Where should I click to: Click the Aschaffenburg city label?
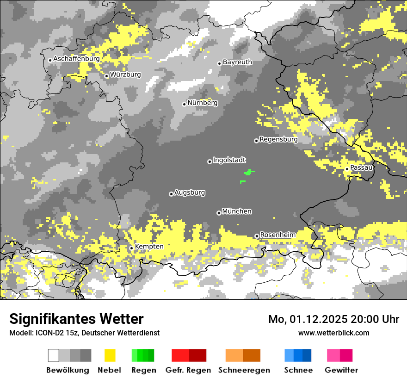(x=76, y=59)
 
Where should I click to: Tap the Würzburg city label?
(x=125, y=74)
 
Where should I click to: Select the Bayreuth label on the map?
(x=237, y=62)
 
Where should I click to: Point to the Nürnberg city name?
(x=202, y=103)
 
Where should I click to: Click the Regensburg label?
(x=278, y=139)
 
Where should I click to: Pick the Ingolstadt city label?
(x=229, y=160)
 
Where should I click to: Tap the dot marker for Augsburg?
(x=171, y=194)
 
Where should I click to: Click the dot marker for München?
(x=219, y=213)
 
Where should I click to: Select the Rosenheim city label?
(x=277, y=235)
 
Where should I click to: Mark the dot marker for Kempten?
(x=131, y=248)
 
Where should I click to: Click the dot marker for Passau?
(x=347, y=169)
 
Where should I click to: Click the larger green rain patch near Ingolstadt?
(x=249, y=173)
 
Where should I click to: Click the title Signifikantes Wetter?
(x=76, y=319)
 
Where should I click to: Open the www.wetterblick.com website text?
(x=333, y=333)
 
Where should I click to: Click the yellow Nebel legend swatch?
(x=110, y=355)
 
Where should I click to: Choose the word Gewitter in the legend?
(x=341, y=370)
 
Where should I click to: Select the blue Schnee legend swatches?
(x=298, y=355)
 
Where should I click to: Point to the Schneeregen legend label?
(x=244, y=370)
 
